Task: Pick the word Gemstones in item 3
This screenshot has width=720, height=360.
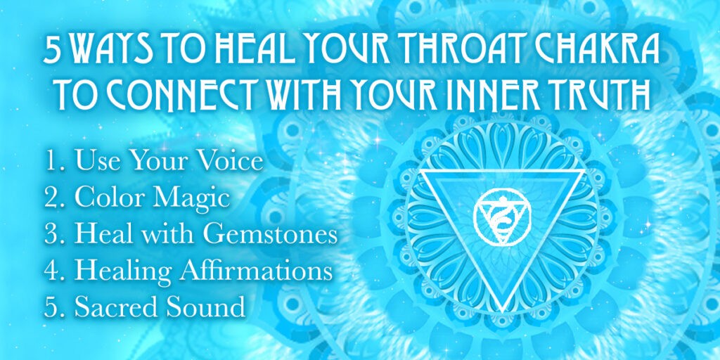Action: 270,236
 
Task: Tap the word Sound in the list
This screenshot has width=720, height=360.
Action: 199,307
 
